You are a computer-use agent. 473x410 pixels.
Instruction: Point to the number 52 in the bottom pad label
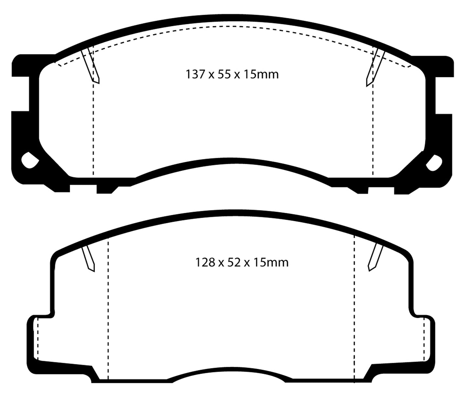pos(234,263)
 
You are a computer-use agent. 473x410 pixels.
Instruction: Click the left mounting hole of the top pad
pos(29,160)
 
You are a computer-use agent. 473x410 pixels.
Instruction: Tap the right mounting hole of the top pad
pos(434,161)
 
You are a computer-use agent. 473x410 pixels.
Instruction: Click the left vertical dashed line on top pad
pos(93,131)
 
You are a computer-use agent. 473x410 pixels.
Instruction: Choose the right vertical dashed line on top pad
pos(373,131)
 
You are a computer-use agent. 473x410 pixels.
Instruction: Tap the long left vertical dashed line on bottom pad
pos(108,311)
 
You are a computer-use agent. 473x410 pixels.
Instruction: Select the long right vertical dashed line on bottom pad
pos(355,311)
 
